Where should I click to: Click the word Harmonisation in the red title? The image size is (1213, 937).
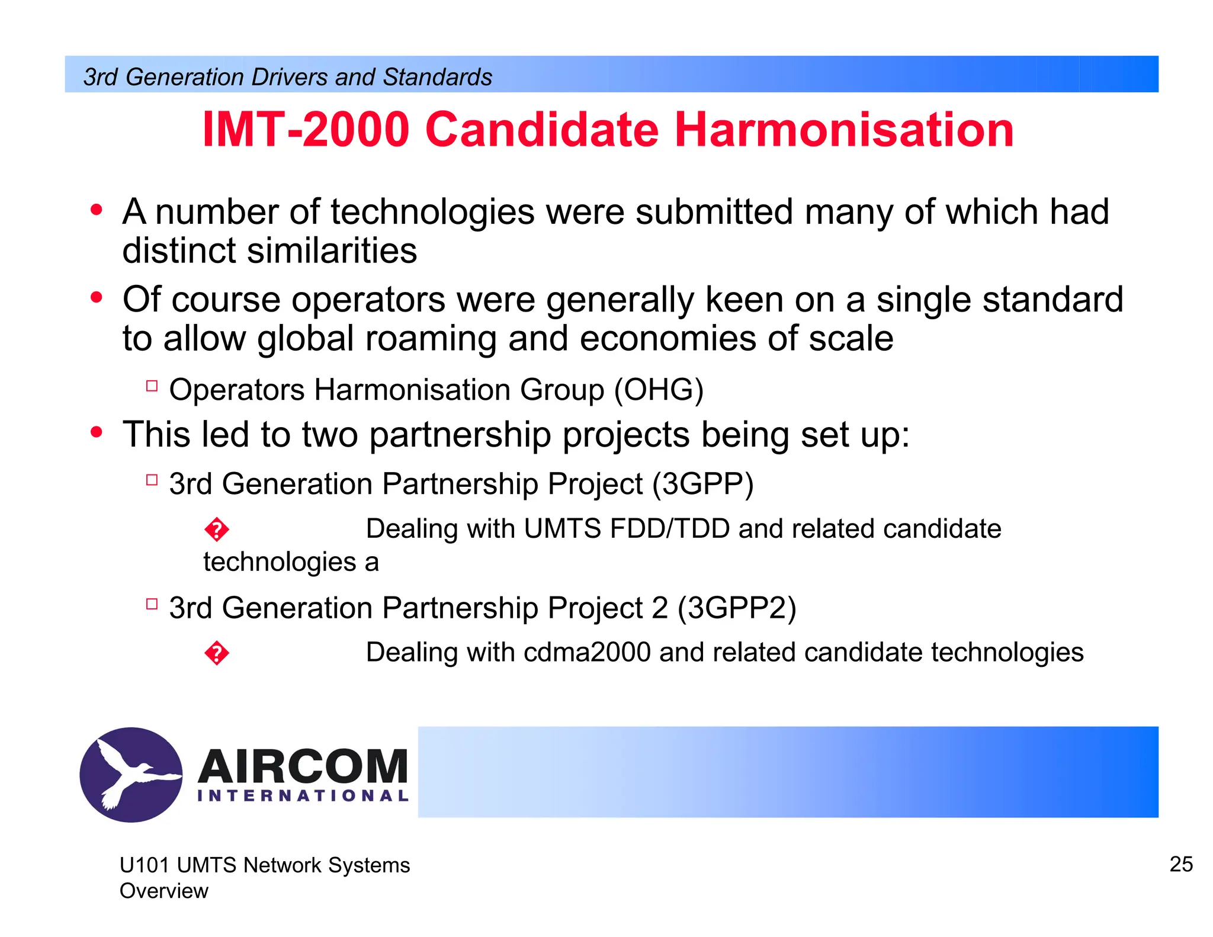[x=844, y=130]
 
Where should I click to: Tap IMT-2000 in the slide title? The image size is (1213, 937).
[x=306, y=130]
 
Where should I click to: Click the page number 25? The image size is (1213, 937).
[x=1181, y=864]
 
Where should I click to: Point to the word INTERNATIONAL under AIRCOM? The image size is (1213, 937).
[x=303, y=796]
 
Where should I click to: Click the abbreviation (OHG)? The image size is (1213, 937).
[x=659, y=390]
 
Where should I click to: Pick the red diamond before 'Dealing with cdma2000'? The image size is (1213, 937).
[x=217, y=653]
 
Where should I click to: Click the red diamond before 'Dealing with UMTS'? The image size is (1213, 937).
[x=217, y=530]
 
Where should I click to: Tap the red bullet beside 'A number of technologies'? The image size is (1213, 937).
[x=97, y=210]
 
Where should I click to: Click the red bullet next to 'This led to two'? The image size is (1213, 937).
[x=97, y=433]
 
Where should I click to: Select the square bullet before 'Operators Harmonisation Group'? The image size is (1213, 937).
[x=152, y=386]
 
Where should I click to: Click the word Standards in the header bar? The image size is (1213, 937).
[x=437, y=77]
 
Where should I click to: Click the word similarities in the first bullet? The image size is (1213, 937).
[x=332, y=251]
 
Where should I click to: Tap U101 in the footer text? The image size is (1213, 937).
[x=145, y=865]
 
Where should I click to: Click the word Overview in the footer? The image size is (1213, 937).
[x=164, y=891]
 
